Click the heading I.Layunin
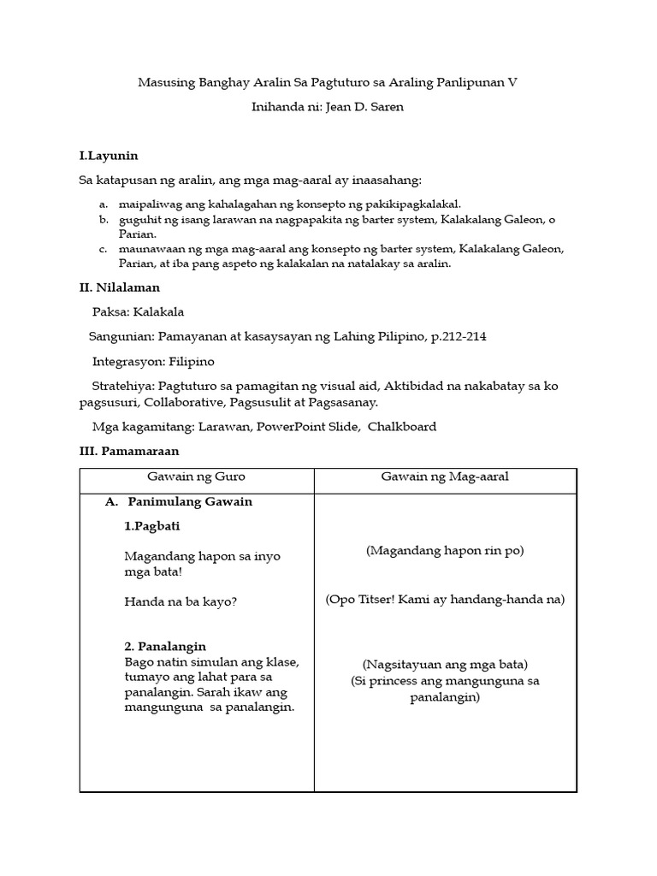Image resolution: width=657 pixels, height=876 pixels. coord(109,156)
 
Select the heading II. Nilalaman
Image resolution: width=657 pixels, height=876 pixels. coord(119,287)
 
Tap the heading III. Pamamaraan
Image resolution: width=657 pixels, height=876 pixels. coord(129,451)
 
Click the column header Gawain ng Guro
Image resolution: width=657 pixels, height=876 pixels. coord(197,476)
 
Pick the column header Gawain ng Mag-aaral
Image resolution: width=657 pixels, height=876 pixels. coord(445,476)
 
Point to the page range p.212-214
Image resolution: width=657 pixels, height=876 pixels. coord(459,336)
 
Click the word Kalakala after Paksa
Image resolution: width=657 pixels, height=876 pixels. coord(159,311)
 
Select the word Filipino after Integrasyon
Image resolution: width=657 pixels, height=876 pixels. coord(192,361)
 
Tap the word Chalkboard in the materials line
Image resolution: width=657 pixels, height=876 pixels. coord(402,427)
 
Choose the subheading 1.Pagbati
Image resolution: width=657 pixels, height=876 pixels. coord(152,526)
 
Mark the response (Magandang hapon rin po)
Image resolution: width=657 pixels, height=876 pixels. coord(445,551)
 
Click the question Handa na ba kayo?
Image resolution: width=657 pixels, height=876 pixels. coord(181,601)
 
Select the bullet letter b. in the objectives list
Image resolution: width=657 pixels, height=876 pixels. coord(104,220)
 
